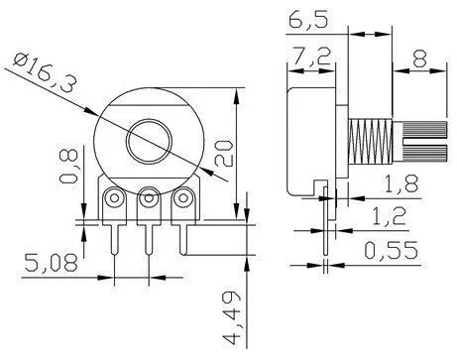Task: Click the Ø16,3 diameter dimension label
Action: (45, 73)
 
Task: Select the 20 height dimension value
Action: (224, 153)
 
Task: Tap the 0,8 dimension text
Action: (68, 166)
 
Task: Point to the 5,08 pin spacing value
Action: (52, 263)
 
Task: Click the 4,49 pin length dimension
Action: (231, 318)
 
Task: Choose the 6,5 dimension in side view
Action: (308, 20)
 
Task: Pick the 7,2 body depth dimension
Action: (312, 57)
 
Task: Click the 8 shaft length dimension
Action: (419, 59)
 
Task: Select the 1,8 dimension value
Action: (401, 183)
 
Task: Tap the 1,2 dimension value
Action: (389, 216)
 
